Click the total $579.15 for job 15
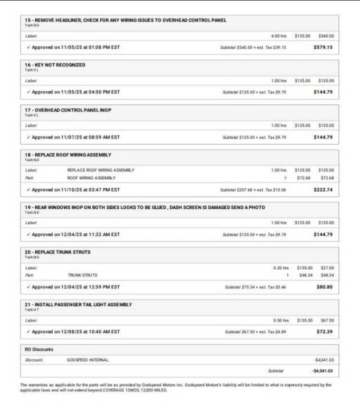[323, 47]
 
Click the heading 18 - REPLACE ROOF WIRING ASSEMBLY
[68, 155]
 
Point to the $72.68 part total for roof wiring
[326, 178]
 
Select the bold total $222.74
[323, 189]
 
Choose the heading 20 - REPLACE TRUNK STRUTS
[58, 252]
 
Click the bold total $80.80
[324, 287]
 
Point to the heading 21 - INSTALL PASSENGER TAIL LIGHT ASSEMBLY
[79, 305]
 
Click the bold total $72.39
[324, 331]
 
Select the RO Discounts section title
[39, 349]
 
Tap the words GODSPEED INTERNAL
[88, 360]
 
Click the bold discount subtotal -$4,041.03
[323, 371]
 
